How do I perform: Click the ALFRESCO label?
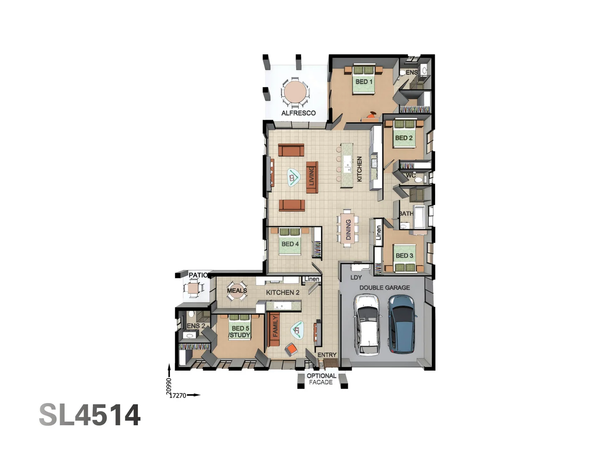point(298,113)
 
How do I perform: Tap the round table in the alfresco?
point(296,92)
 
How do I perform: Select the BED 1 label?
point(364,82)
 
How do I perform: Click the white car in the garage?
point(367,324)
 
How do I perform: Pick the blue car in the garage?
point(402,324)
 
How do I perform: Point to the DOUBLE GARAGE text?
point(385,288)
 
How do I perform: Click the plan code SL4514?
point(90,415)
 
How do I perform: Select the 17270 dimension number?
point(179,395)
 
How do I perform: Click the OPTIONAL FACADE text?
point(321,379)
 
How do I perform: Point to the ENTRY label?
point(327,355)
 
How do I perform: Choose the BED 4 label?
point(290,244)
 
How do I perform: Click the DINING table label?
point(348,230)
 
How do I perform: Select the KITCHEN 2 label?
point(283,293)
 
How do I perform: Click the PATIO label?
point(198,275)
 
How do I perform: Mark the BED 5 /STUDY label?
point(240,332)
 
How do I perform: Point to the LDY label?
point(356,277)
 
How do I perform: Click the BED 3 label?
point(404,255)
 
